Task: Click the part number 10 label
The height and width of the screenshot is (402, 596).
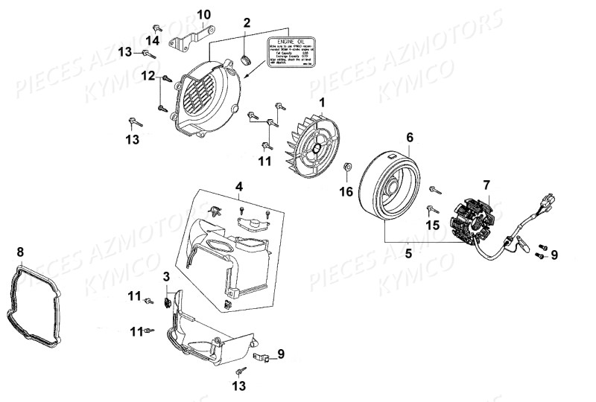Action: pos(203,14)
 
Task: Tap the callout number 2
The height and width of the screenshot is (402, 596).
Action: pos(247,22)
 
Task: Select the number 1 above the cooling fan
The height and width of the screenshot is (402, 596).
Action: pos(322,101)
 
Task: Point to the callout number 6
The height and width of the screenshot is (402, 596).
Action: pos(409,138)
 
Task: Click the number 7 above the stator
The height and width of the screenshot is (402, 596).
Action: pos(486,185)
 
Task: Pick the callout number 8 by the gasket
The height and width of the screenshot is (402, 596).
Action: pos(20,251)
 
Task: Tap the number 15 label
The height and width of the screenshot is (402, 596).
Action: pos(432,225)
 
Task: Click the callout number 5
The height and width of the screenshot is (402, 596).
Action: pos(408,253)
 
